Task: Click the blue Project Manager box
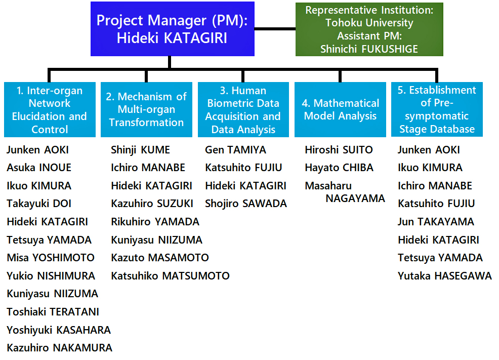[173, 29]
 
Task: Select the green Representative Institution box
[369, 29]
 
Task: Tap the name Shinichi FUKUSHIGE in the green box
[369, 49]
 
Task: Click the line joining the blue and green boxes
[275, 29]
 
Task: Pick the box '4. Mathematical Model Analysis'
[340, 109]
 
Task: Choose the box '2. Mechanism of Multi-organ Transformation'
[146, 109]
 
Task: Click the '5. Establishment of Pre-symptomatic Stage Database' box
[437, 109]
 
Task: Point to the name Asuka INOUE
[39, 168]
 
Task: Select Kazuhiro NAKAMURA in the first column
[60, 347]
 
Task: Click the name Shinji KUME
[140, 150]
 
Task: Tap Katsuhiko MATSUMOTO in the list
[170, 275]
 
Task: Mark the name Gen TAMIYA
[235, 149]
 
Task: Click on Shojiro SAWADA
[246, 204]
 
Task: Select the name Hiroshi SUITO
[339, 149]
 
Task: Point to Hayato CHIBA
[339, 168]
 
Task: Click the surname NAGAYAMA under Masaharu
[355, 198]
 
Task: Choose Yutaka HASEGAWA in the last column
[445, 275]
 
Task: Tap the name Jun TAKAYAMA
[436, 222]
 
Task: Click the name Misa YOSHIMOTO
[51, 258]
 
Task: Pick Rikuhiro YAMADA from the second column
[155, 222]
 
